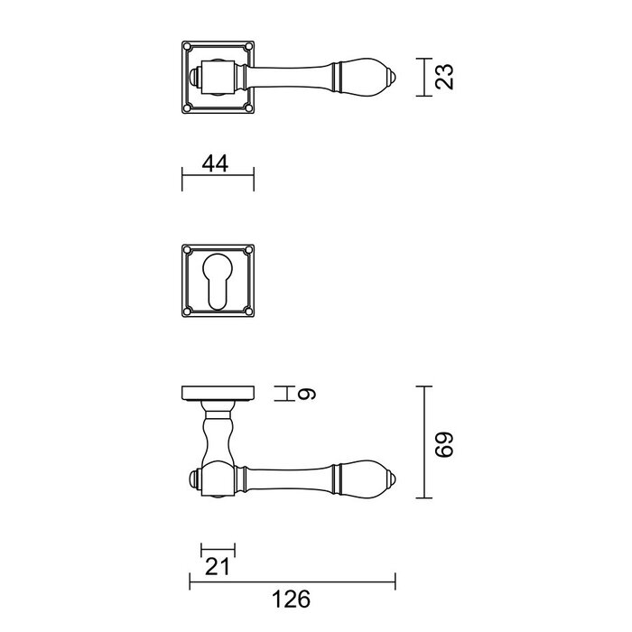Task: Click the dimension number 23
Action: (442, 77)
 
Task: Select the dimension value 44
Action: (214, 163)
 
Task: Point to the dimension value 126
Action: (291, 599)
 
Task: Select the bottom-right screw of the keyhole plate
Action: (248, 311)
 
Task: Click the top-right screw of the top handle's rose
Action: (248, 48)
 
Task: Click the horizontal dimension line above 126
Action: (291, 581)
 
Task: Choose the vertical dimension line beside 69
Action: (426, 443)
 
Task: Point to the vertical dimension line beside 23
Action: (423, 77)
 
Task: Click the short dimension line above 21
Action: (217, 549)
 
